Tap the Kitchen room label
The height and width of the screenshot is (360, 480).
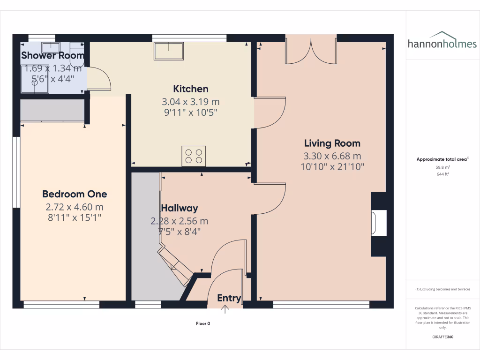click(x=191, y=89)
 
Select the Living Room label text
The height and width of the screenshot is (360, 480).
click(x=332, y=143)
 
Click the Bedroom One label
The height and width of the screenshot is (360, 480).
click(x=75, y=194)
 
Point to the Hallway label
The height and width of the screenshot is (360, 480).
click(x=179, y=208)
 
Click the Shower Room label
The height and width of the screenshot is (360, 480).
click(x=52, y=55)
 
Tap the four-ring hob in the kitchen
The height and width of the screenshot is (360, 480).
click(x=194, y=156)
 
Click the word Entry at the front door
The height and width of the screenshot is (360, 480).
click(x=229, y=298)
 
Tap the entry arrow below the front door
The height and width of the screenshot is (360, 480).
click(x=225, y=309)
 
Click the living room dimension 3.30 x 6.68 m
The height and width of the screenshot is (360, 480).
click(x=332, y=156)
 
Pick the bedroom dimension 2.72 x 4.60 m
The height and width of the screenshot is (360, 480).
click(x=75, y=207)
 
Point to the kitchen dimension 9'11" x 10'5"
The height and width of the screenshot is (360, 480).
click(x=191, y=112)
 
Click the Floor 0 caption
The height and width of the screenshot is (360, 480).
click(x=203, y=323)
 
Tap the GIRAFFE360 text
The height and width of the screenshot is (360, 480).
click(x=442, y=337)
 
